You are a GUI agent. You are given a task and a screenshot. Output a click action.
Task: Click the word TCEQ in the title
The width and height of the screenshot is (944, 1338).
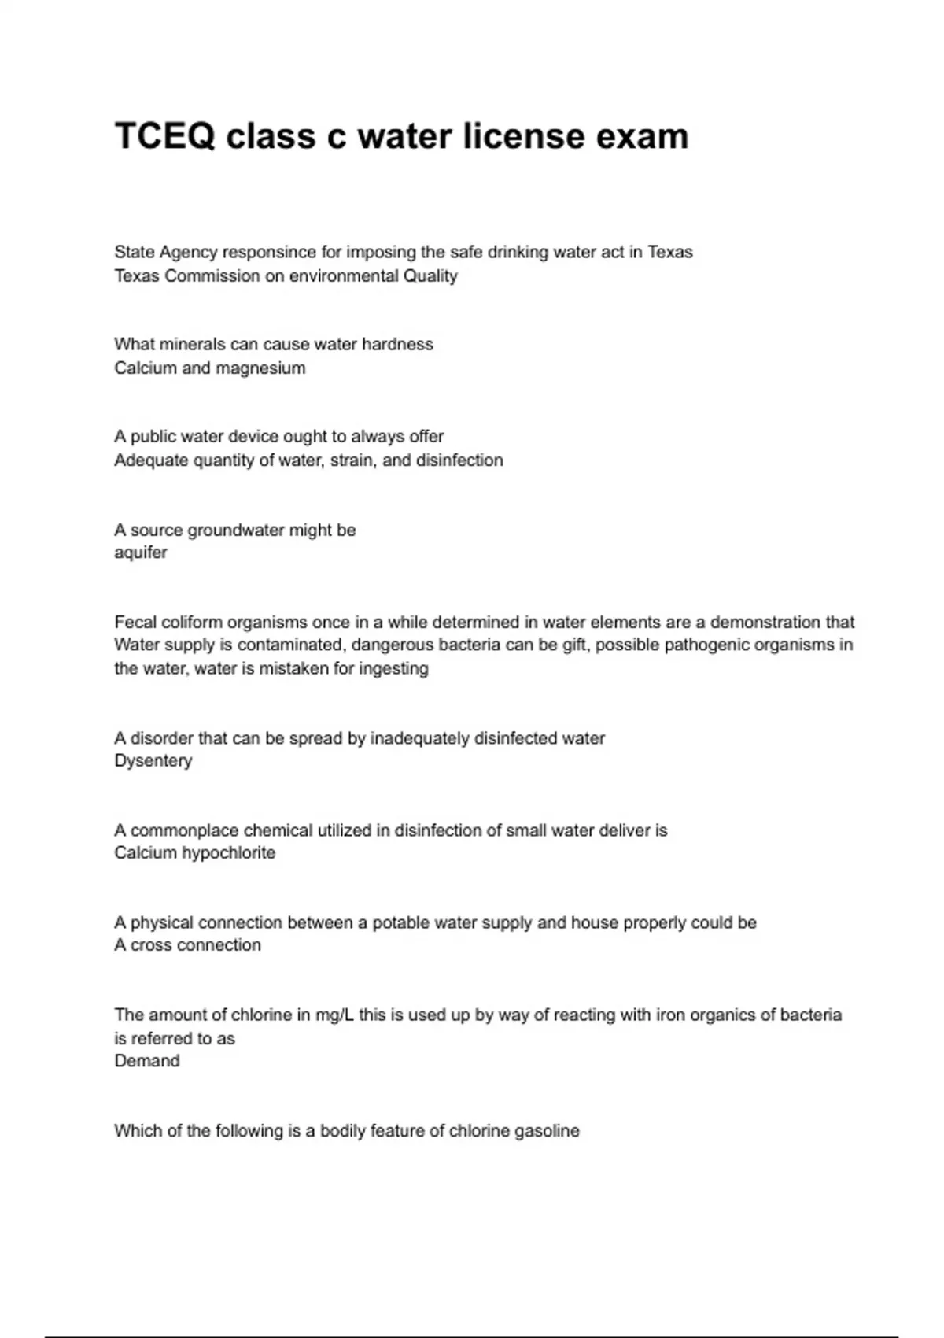point(164,136)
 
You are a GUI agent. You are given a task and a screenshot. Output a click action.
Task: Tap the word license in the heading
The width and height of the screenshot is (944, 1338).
point(523,136)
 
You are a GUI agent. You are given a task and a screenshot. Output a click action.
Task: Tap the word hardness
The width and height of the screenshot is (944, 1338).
point(397,344)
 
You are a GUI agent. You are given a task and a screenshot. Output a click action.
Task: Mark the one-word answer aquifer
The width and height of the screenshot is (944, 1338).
point(141,553)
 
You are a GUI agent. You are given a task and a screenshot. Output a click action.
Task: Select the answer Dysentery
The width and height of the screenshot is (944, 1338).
point(153,760)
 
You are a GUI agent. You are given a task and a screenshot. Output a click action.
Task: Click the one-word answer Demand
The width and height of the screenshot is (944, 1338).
point(147,1060)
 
